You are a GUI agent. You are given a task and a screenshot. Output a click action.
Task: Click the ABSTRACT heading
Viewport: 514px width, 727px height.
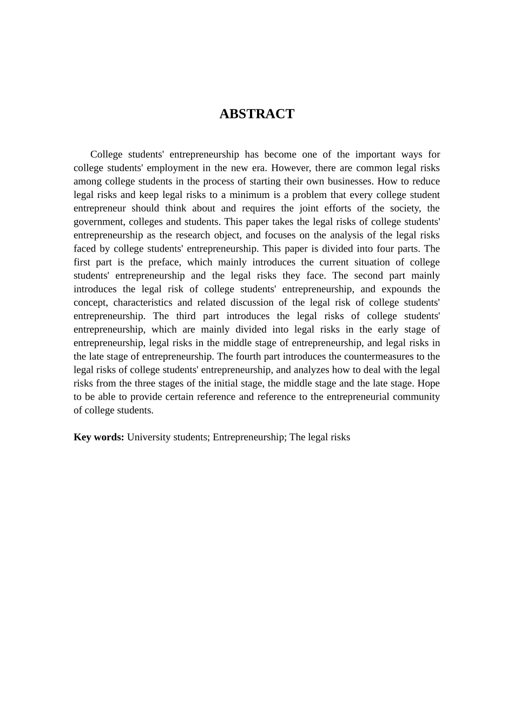[x=256, y=114]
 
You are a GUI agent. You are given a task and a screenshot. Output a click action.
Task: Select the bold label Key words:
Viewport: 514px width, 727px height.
[x=99, y=437]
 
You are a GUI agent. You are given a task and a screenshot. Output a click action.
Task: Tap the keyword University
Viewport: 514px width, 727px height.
[x=148, y=437]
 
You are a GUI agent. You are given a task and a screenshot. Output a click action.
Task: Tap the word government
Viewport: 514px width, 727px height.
[x=98, y=222]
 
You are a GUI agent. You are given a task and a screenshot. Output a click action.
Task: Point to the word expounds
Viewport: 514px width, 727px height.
[x=401, y=289]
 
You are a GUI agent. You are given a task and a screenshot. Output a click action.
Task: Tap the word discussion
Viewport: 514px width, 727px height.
[x=254, y=303]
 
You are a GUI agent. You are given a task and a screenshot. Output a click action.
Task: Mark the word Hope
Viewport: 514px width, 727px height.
[x=429, y=384]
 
